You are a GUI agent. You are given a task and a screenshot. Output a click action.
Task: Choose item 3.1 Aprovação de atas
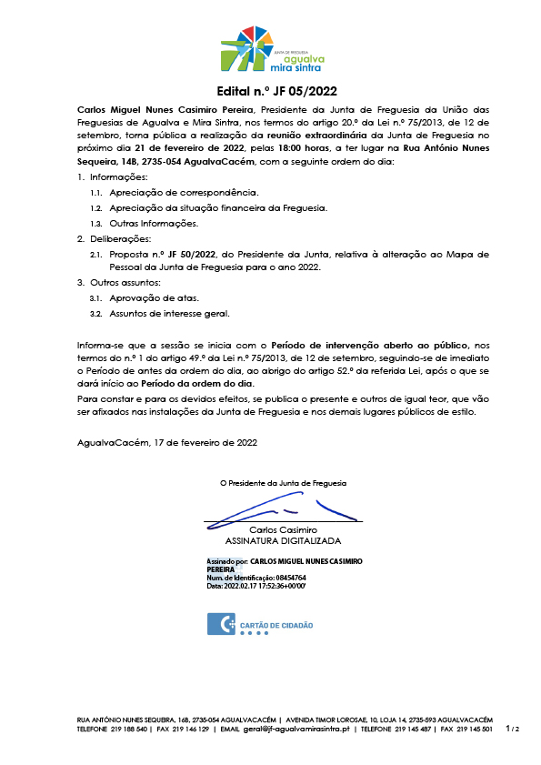click(154, 298)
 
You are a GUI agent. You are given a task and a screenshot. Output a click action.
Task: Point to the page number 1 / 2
click(513, 729)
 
